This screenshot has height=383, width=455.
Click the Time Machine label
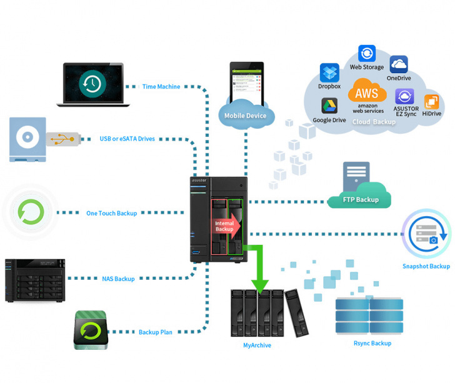[161, 87]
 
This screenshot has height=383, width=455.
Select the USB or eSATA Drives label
[127, 139]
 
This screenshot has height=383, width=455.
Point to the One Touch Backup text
[111, 214]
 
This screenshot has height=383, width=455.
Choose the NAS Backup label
[118, 279]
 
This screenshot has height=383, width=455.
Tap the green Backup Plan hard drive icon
[91, 329]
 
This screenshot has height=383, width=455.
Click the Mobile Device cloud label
[246, 116]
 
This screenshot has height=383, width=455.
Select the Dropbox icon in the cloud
[329, 73]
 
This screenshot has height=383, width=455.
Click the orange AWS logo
[367, 92]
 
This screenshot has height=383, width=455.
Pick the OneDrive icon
[399, 65]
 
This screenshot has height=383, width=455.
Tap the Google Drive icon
[329, 106]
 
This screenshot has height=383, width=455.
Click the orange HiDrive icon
[431, 102]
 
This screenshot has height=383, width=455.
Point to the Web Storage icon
[367, 54]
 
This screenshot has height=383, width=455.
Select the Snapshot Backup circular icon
[426, 235]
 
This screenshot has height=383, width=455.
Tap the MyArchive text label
[257, 345]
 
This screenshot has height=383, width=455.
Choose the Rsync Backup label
[372, 343]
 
